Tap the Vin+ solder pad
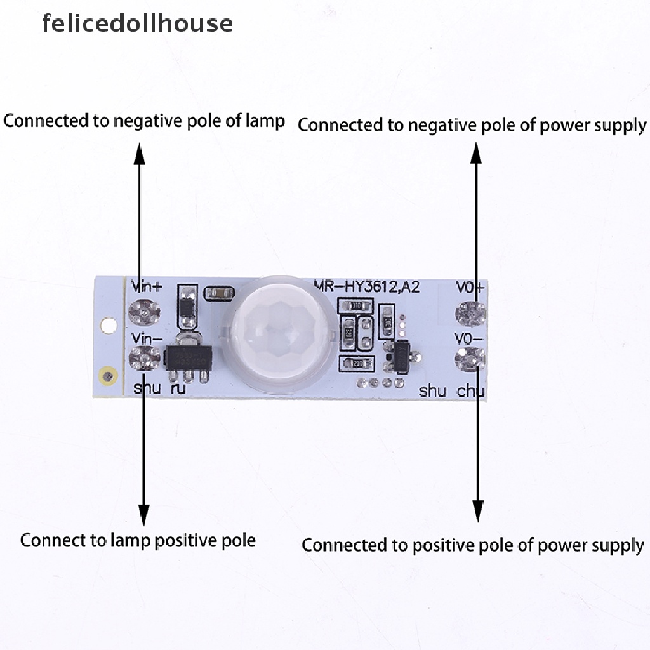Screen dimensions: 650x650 point(145,312)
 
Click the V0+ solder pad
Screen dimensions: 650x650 point(470,313)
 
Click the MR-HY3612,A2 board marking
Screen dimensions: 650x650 point(367,287)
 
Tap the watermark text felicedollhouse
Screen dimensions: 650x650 point(137,23)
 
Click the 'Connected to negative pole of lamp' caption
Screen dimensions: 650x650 point(144,121)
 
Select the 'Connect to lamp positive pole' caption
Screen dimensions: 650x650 point(138,540)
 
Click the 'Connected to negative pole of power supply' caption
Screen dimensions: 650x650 point(472,125)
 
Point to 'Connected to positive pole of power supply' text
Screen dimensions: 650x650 point(472,545)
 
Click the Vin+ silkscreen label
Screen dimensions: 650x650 point(147,286)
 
